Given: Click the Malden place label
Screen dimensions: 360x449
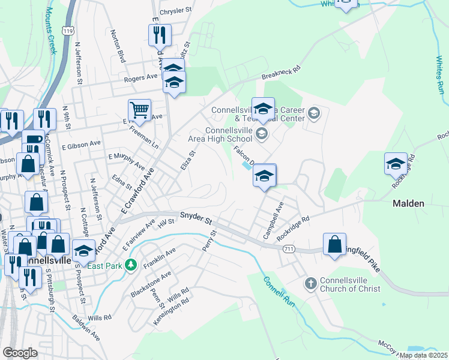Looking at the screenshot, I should pos(408,203).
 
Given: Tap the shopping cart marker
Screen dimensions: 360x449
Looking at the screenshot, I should pos(139,110).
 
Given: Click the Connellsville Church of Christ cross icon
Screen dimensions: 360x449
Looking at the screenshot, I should pos(310,283).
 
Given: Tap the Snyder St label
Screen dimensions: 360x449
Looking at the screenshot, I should pos(195,217).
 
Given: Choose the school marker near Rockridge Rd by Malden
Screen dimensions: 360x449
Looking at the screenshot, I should pos(396,164).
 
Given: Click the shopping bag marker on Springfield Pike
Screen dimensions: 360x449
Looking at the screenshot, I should pos(334,244).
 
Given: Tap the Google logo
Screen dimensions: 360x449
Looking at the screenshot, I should pos(20,353).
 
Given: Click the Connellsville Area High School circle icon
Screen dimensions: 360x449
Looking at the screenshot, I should pos(261,134).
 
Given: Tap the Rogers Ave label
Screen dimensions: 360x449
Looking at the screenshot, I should pos(140,78).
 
